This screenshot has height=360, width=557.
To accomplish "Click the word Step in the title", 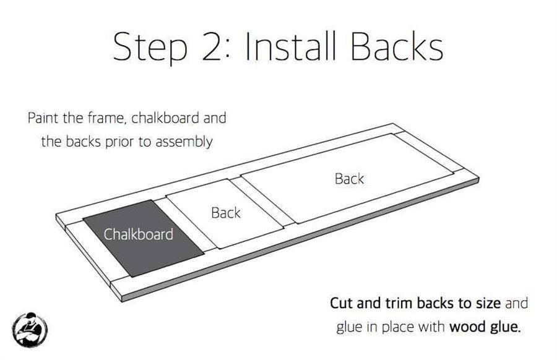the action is point(150,48).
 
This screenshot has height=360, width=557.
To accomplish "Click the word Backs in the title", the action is point(397,46).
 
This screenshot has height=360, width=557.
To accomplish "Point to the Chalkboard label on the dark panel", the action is point(139,234).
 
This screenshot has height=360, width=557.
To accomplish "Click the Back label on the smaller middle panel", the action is point(225,213).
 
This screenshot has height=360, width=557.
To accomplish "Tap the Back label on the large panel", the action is point(349,179).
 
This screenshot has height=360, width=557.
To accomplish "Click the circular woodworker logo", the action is point(30,330).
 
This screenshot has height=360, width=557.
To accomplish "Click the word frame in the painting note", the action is point(106,118).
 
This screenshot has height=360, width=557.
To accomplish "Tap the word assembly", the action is point(184,142).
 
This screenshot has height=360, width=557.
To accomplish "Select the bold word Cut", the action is point(342,303).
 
